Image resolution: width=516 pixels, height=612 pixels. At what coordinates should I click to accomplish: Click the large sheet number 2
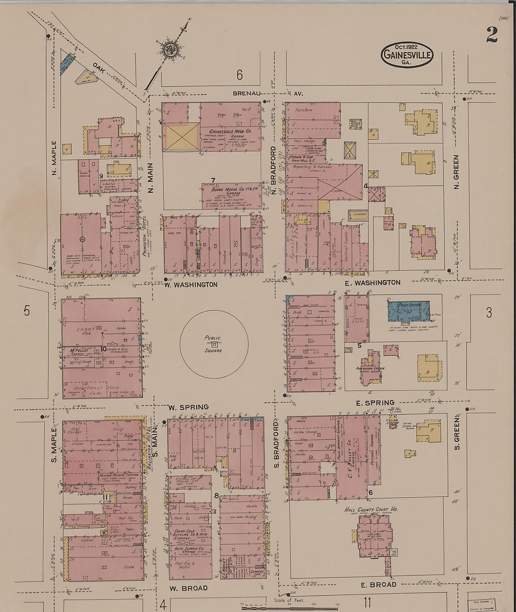[492, 34]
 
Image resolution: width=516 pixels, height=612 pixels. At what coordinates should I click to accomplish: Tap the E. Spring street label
[375, 402]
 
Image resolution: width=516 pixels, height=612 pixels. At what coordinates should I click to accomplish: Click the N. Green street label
[456, 172]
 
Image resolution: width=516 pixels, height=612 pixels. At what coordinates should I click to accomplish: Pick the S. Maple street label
[54, 444]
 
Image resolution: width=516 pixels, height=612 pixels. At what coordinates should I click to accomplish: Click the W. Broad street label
[188, 588]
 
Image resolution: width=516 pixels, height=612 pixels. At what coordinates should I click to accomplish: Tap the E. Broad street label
[378, 584]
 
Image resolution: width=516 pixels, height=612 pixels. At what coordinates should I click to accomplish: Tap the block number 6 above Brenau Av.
[239, 75]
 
